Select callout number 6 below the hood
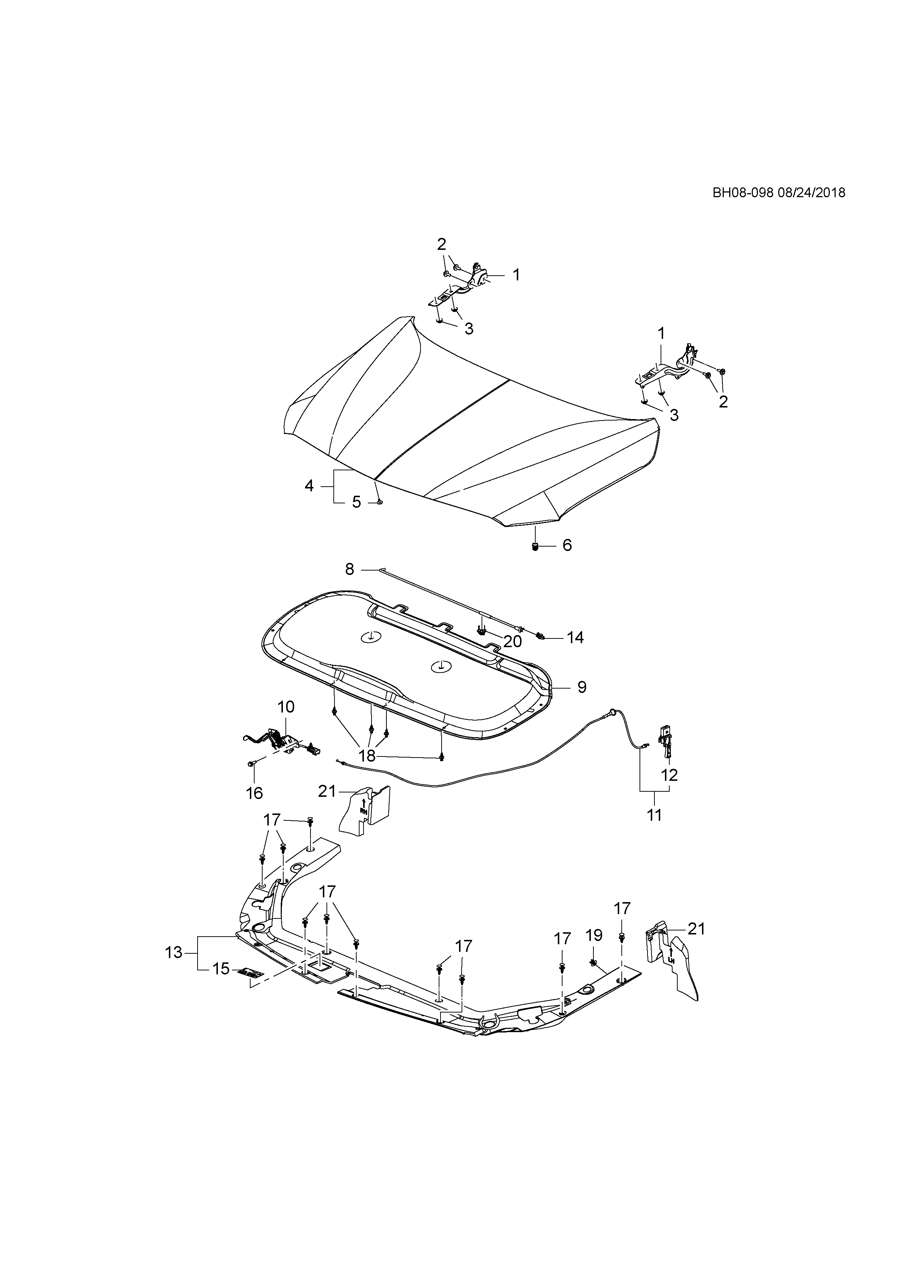567,545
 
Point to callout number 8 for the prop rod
349,569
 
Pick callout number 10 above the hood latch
286,707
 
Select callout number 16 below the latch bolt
254,794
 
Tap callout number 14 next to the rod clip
575,638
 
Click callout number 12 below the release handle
670,775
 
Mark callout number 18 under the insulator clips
367,756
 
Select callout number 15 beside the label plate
221,969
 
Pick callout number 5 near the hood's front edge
356,502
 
